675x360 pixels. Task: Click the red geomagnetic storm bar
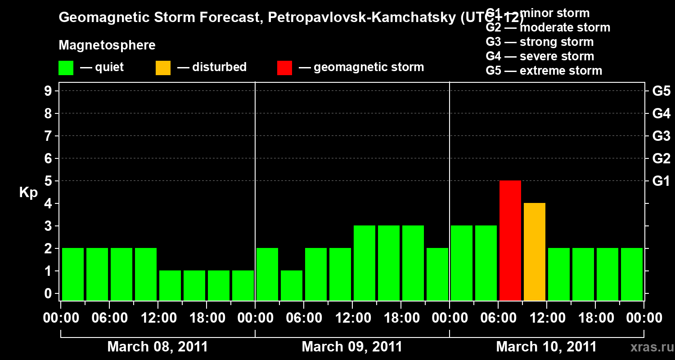point(510,240)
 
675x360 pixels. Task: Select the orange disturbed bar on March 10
point(535,252)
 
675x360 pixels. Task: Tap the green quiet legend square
point(66,68)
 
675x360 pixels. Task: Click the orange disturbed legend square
point(163,68)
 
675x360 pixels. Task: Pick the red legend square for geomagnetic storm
point(284,68)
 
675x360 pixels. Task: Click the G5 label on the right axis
point(661,91)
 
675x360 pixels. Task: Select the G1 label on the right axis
point(661,181)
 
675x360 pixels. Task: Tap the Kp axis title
point(28,193)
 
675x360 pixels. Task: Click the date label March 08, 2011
point(157,347)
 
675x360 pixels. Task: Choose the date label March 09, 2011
point(352,347)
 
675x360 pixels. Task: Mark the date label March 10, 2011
point(546,347)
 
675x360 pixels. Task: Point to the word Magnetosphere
point(107,45)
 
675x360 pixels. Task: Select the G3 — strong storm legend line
point(540,42)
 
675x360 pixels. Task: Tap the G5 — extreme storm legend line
point(544,71)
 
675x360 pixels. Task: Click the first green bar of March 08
point(73,274)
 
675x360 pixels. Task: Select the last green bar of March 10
point(632,274)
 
